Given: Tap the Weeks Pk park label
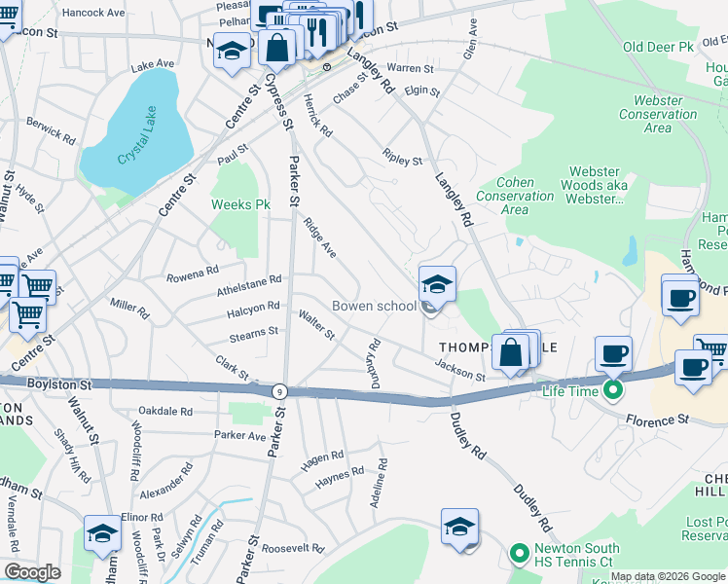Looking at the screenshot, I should [240, 204].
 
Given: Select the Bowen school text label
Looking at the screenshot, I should [374, 306].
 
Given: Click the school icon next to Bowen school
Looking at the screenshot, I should [437, 285].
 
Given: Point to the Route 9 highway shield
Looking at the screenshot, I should [279, 390].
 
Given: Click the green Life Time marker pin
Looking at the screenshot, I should [612, 391].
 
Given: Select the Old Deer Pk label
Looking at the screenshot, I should [657, 46].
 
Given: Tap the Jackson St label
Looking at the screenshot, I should [459, 371].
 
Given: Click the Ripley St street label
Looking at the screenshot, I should [403, 158].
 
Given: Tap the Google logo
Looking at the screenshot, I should [32, 571].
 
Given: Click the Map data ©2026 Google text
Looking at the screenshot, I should [667, 576].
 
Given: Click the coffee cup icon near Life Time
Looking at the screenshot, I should [613, 353].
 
